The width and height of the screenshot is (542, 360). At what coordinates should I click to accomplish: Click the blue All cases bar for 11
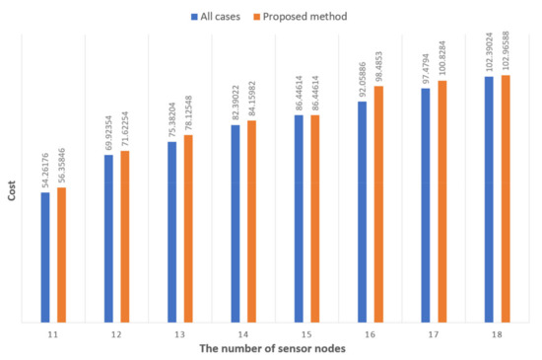[x=45, y=256]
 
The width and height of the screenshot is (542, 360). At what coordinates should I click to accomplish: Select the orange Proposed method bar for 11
[x=61, y=254]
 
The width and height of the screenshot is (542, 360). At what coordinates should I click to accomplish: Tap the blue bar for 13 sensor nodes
[x=172, y=232]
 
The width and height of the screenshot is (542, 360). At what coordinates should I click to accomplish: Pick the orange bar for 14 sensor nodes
[x=251, y=221]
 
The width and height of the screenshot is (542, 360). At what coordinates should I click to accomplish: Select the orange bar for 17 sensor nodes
[x=441, y=201]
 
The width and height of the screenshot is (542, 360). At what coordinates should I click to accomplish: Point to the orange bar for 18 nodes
[x=505, y=198]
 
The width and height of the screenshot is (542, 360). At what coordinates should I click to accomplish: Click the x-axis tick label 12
[x=116, y=335]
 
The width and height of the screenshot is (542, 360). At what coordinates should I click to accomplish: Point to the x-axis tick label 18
[x=497, y=335]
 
